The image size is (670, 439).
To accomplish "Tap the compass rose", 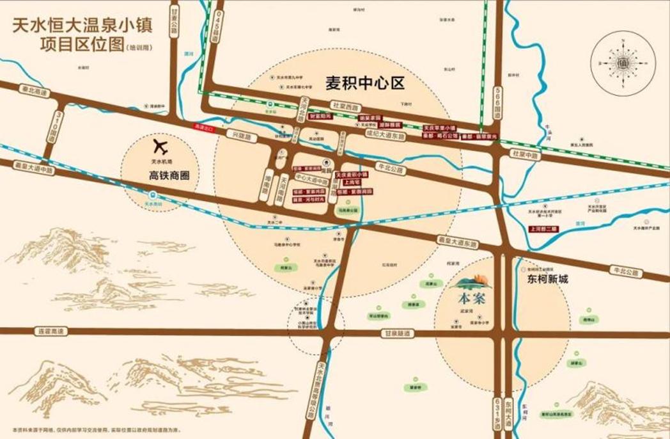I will (623, 63).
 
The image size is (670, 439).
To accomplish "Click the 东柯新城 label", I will (547, 280).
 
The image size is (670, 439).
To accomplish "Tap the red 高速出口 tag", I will (203, 127).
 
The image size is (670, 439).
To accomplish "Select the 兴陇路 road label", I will (239, 137).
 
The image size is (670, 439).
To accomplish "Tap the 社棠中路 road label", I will (526, 155).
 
